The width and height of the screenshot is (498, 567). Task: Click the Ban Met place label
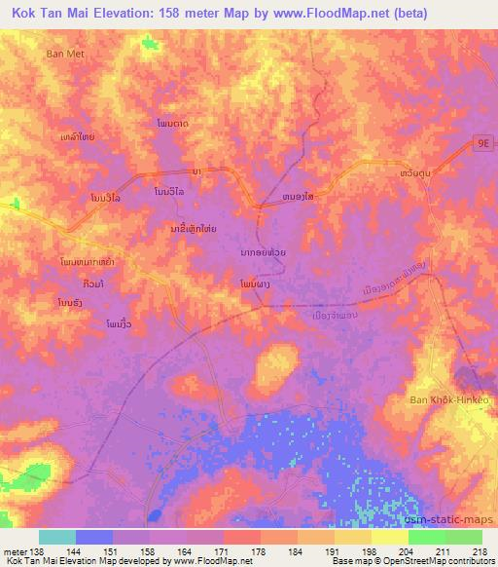tap(66, 55)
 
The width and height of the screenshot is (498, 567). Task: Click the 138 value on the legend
tap(37, 551)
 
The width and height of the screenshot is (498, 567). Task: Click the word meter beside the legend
tap(14, 551)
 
